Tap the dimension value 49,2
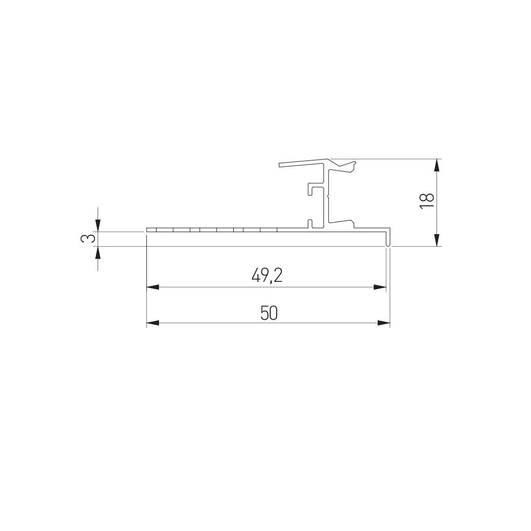(267, 275)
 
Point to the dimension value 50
(269, 313)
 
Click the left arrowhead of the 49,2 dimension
(153, 287)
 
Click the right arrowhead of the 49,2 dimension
(380, 287)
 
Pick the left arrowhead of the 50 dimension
(153, 323)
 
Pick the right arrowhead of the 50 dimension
(384, 323)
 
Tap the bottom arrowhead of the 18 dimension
(436, 240)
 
